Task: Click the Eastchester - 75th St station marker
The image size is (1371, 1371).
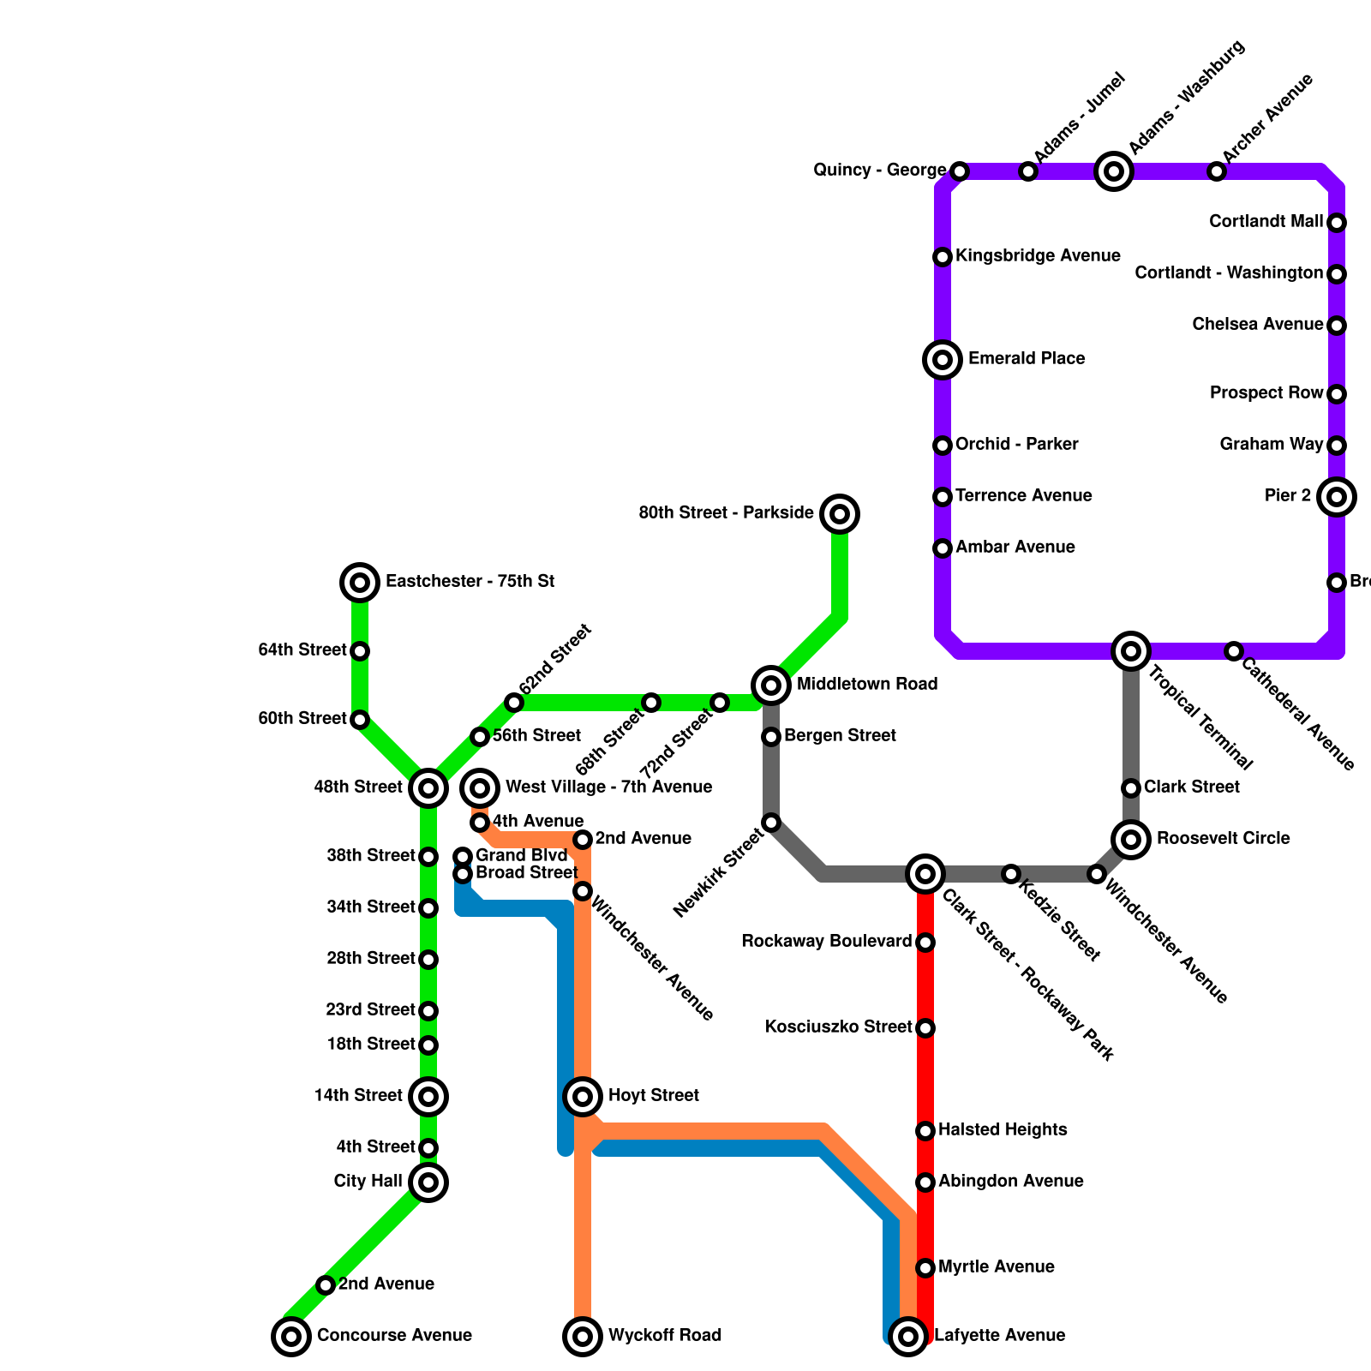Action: (x=360, y=583)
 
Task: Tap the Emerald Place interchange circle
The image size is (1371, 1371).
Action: (x=943, y=359)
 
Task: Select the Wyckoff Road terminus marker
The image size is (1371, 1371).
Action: (x=583, y=1336)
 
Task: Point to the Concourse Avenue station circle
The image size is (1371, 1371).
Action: (x=291, y=1336)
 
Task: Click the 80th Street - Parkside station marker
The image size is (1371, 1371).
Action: (x=840, y=514)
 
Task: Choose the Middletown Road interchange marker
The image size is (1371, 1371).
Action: (x=771, y=685)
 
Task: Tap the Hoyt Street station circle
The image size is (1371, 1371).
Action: (x=583, y=1096)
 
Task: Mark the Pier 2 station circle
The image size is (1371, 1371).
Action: (x=1337, y=497)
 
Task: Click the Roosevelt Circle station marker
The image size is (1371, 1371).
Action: (x=1131, y=839)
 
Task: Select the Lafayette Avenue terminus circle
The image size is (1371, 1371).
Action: (x=908, y=1336)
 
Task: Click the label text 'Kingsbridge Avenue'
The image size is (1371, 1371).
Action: (x=1038, y=256)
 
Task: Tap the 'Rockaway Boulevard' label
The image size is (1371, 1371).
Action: (x=826, y=942)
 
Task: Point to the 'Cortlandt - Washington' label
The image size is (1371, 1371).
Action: (x=1229, y=273)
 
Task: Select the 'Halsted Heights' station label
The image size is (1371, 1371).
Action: (x=1003, y=1130)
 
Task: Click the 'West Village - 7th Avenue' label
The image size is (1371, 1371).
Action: (x=608, y=787)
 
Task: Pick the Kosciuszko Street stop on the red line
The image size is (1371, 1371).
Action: (x=925, y=1028)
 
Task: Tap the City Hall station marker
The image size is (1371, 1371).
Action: (x=428, y=1182)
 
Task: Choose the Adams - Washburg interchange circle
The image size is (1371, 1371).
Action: (x=1113, y=171)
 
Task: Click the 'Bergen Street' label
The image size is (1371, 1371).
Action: (x=840, y=736)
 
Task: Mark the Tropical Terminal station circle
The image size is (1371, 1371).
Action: (x=1131, y=651)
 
